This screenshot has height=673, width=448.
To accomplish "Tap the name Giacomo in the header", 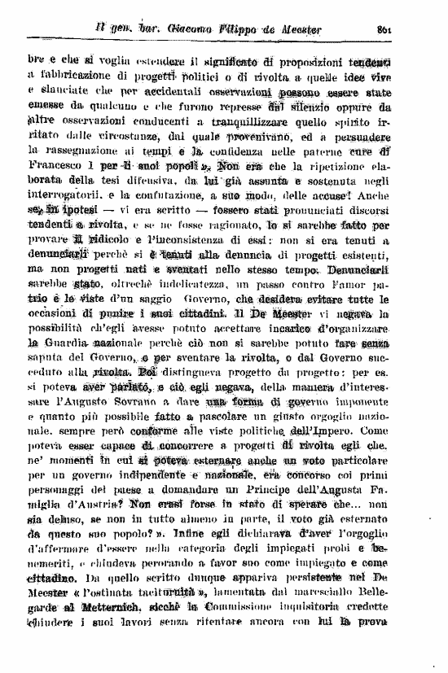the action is coord(183,29).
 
